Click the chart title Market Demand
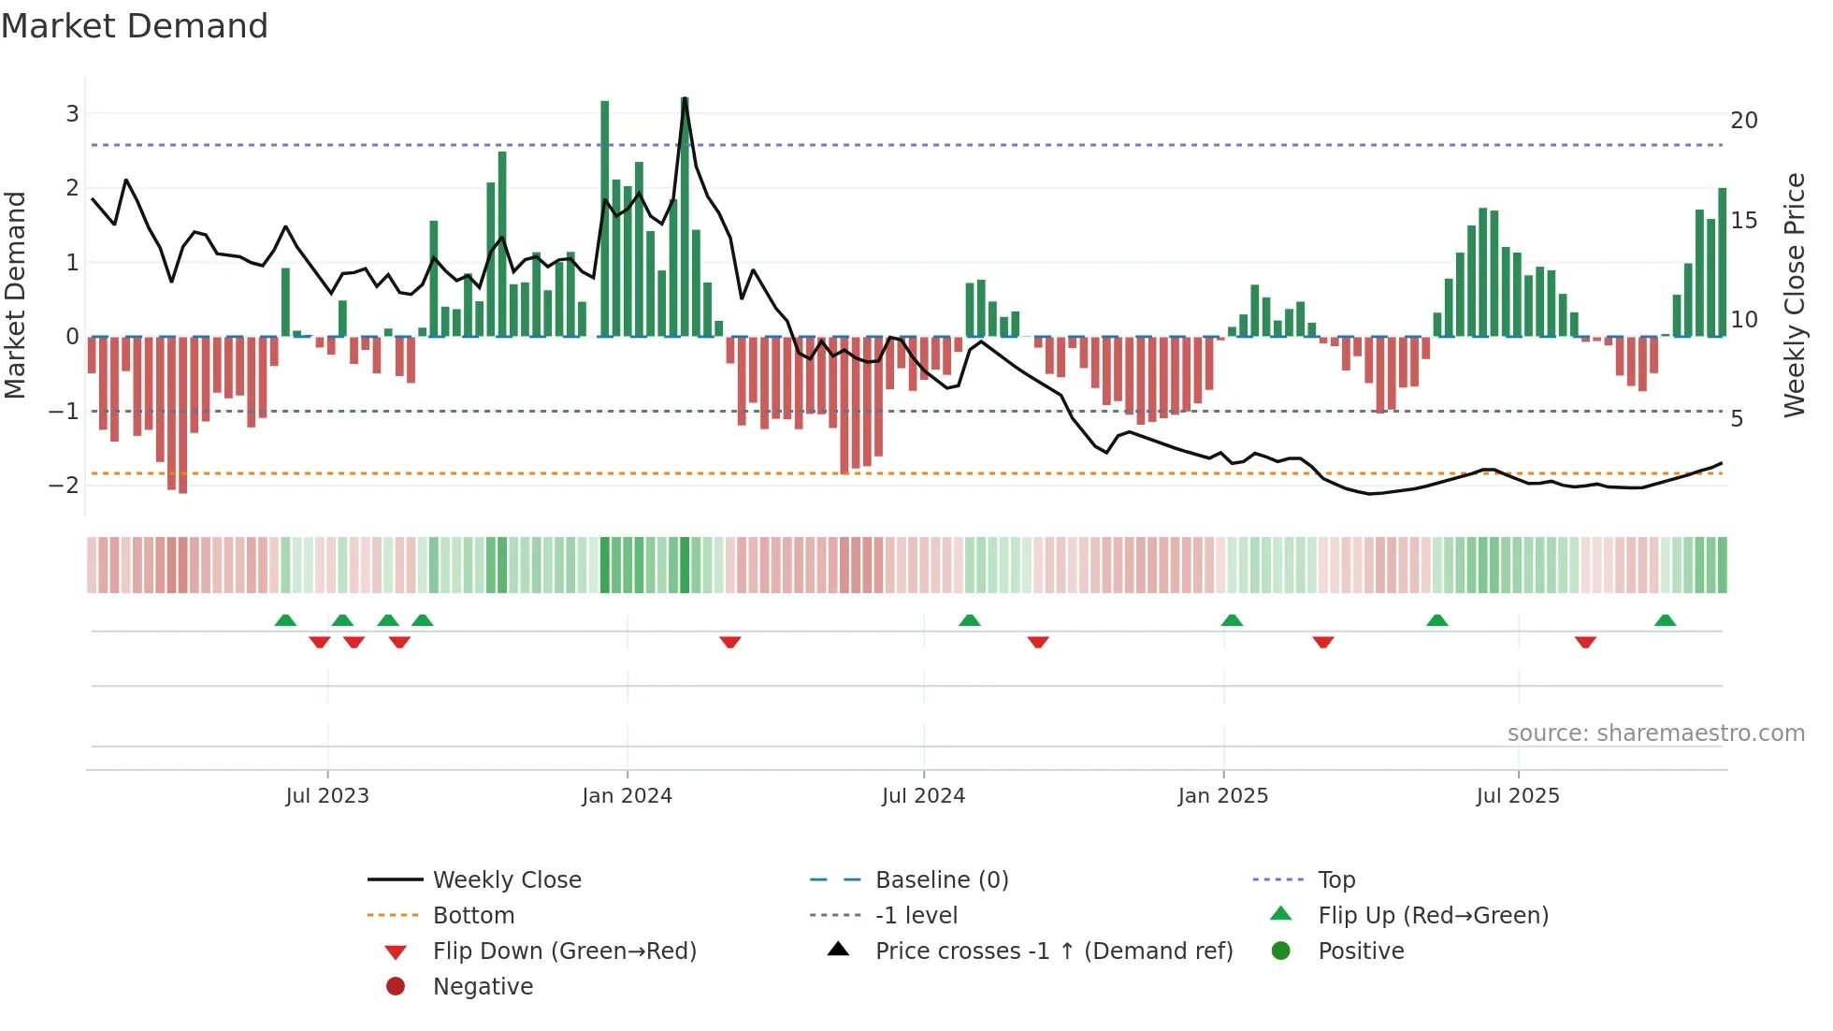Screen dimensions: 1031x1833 (x=135, y=26)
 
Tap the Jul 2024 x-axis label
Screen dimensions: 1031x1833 (x=923, y=796)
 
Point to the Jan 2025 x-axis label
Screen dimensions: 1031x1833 (x=1222, y=796)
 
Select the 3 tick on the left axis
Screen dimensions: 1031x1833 (x=72, y=114)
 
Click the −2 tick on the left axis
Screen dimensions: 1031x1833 (x=65, y=485)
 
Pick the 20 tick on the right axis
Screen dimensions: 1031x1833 (x=1743, y=121)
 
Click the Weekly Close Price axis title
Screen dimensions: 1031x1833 (x=1794, y=295)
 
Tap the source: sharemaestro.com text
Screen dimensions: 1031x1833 (x=1655, y=733)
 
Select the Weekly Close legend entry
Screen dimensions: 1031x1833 (x=506, y=880)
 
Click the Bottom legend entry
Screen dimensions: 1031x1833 (x=473, y=916)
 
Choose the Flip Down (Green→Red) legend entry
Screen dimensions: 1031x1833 (x=564, y=951)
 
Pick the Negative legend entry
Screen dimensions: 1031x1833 (x=483, y=987)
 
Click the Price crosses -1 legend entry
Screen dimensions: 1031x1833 (x=1053, y=951)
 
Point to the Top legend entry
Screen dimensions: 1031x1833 (x=1335, y=880)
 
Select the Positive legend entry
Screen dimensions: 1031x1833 (x=1361, y=951)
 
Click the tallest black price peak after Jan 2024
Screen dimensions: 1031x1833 (x=686, y=98)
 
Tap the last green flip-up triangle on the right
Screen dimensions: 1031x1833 (x=1665, y=620)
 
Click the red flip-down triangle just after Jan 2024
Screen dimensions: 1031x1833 (x=730, y=642)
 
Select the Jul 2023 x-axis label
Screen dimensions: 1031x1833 (x=327, y=796)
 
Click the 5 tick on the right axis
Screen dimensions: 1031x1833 (x=1737, y=419)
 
